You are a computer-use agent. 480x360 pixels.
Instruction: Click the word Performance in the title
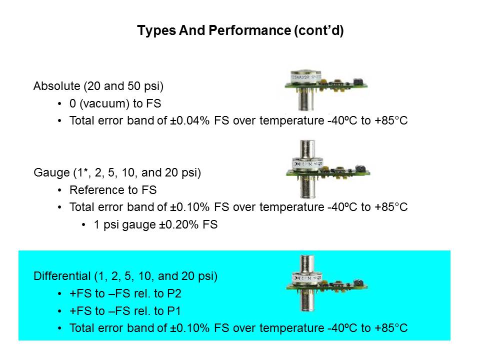(249, 30)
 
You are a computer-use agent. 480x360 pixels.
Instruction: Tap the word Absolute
(57, 86)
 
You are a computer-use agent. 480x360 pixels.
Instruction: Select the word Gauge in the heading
(51, 172)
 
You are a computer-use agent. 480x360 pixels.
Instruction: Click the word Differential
(62, 276)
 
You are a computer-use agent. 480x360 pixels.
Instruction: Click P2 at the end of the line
(174, 293)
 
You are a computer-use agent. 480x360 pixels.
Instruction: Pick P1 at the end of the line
(174, 311)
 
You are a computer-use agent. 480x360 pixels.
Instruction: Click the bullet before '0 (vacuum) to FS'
(59, 104)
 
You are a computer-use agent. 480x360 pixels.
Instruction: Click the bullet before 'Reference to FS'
(59, 190)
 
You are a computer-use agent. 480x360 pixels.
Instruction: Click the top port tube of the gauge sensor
(307, 149)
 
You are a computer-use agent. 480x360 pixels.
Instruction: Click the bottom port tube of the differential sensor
(307, 300)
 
